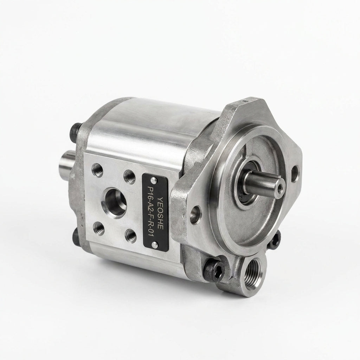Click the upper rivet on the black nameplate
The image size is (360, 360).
153,179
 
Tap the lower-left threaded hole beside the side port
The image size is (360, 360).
98,227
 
